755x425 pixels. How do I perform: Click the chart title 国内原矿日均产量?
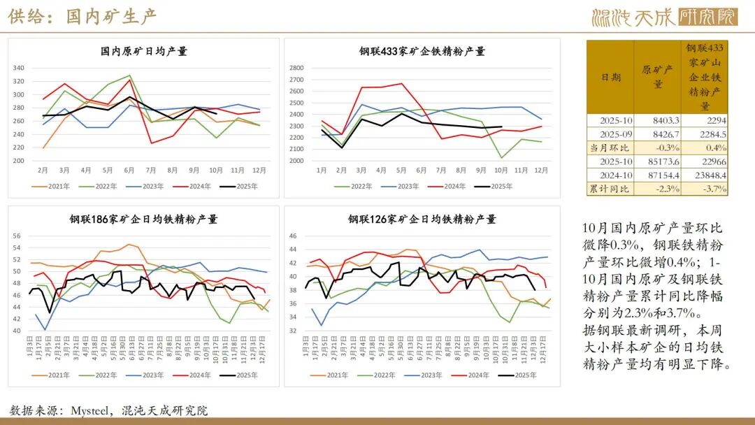[144, 51]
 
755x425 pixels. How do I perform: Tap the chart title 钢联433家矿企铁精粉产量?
[422, 51]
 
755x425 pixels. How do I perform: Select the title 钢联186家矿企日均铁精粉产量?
[143, 219]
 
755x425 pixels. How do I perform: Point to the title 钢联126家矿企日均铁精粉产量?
[422, 219]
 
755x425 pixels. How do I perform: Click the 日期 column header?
[610, 77]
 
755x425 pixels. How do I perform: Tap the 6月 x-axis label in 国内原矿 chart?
[129, 169]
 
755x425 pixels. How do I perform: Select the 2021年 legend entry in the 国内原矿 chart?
[52, 186]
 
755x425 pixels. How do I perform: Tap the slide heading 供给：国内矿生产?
[82, 17]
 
